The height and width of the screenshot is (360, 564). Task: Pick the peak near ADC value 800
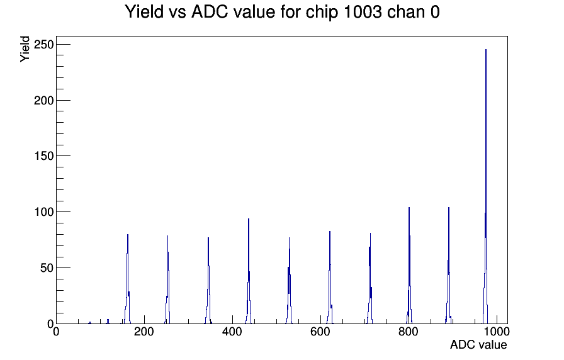click(409, 266)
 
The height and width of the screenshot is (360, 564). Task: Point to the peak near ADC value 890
click(449, 266)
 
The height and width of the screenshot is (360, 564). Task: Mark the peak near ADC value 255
click(167, 281)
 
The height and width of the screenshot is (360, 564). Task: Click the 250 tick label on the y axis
click(43, 45)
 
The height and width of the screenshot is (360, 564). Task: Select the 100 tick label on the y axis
click(43, 212)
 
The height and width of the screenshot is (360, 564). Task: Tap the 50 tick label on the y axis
click(47, 268)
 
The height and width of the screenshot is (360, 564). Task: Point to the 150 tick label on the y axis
click(43, 156)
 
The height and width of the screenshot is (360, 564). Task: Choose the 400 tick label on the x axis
click(232, 332)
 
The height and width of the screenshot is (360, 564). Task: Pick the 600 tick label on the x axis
click(320, 332)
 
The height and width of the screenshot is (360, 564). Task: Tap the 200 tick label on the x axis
click(144, 332)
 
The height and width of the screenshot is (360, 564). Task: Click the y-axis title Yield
click(25, 49)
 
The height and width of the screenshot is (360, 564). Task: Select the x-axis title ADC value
click(478, 345)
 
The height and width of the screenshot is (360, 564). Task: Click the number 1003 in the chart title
click(363, 12)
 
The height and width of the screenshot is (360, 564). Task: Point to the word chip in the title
click(322, 13)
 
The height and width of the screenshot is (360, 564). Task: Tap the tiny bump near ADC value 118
click(108, 322)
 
